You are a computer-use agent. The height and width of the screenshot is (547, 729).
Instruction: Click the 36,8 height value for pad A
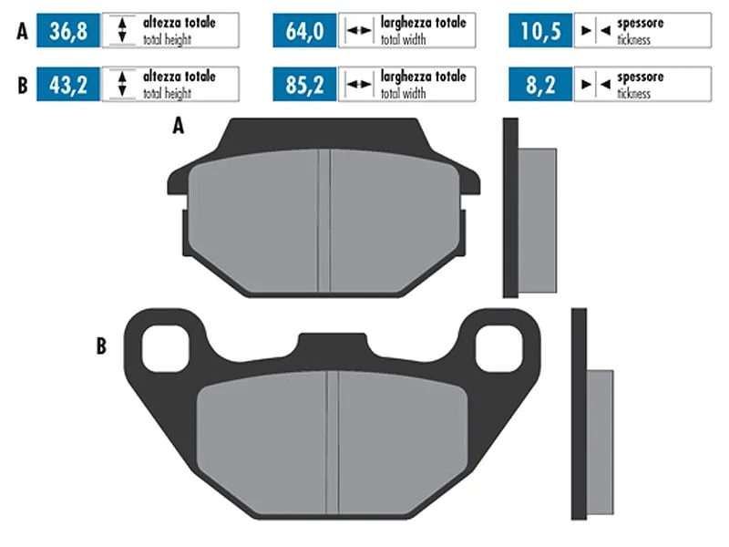pos(68,31)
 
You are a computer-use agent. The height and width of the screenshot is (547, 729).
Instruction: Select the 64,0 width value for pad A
pos(304,31)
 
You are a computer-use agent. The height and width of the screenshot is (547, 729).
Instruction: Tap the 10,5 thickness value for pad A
pos(540,31)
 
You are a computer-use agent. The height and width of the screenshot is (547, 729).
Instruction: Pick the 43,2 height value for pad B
pos(68,85)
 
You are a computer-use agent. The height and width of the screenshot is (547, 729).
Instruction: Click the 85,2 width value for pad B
pos(304,85)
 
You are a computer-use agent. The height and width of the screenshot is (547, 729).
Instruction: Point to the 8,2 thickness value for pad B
pos(540,85)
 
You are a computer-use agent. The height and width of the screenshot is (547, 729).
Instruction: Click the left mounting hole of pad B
pos(166,348)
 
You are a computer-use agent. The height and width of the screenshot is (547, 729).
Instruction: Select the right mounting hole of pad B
pos(499,348)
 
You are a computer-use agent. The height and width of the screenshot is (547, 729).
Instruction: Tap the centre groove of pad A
pos(324,221)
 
